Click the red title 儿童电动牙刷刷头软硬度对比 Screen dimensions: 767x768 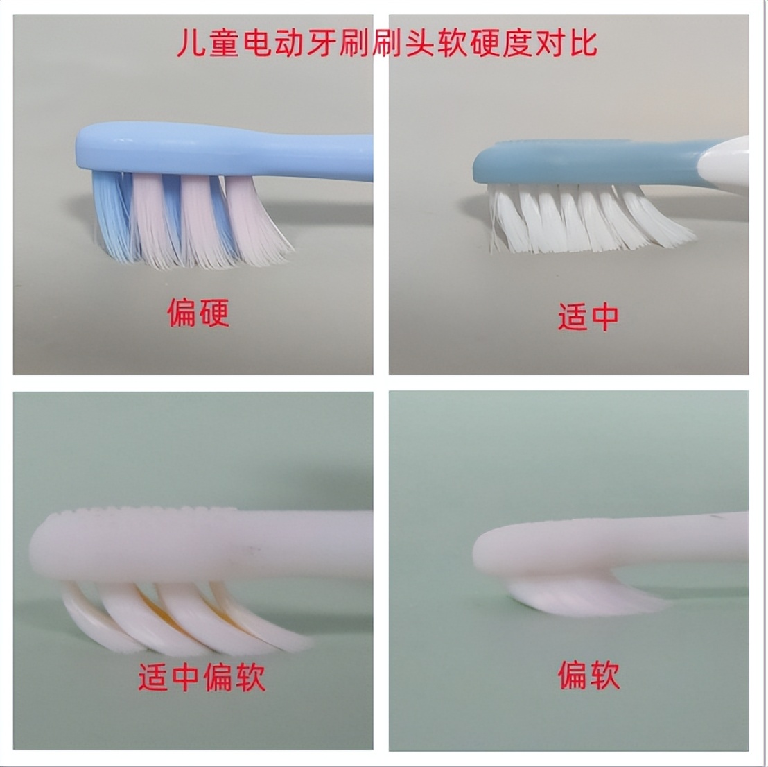click(x=386, y=42)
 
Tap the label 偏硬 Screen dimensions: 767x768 click(x=198, y=313)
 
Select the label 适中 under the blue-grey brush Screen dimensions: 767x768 click(x=588, y=318)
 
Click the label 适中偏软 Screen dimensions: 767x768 click(x=202, y=677)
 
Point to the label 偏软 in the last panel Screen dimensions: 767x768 click(x=588, y=675)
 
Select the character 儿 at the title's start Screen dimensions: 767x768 click(x=191, y=43)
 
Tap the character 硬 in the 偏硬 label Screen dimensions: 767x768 click(x=213, y=313)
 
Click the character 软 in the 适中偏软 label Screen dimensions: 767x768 click(x=250, y=677)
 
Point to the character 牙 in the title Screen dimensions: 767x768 click(x=321, y=43)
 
